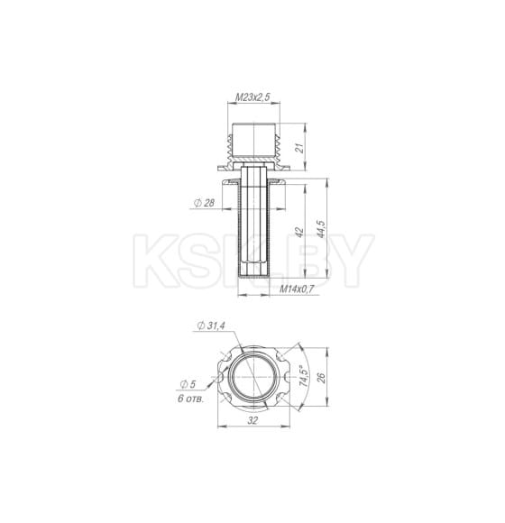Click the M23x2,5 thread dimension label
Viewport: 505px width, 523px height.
tap(252, 97)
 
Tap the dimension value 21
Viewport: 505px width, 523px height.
tap(300, 148)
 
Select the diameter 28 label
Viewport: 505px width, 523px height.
tap(205, 203)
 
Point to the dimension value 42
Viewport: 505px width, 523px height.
tap(299, 232)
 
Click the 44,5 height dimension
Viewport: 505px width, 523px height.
tap(322, 229)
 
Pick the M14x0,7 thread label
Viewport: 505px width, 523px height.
tap(297, 289)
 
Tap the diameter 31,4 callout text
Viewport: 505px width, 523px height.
tap(211, 326)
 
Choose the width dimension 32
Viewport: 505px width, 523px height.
tap(252, 420)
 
